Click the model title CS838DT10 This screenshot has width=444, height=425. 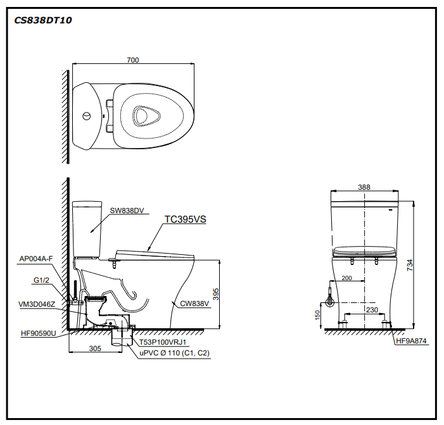tap(43, 20)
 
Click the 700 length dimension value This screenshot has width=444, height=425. tap(132, 60)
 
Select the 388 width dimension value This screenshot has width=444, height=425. tap(364, 187)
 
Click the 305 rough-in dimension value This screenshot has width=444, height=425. tap(95, 348)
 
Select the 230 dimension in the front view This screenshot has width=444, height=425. tap(372, 310)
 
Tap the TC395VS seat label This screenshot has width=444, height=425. tap(186, 219)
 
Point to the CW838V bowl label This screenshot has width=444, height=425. tap(194, 304)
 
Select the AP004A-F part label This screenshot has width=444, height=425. tap(35, 259)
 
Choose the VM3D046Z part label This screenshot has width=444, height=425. tap(37, 304)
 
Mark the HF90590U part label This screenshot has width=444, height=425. tap(37, 333)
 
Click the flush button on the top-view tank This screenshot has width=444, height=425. tap(86, 116)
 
